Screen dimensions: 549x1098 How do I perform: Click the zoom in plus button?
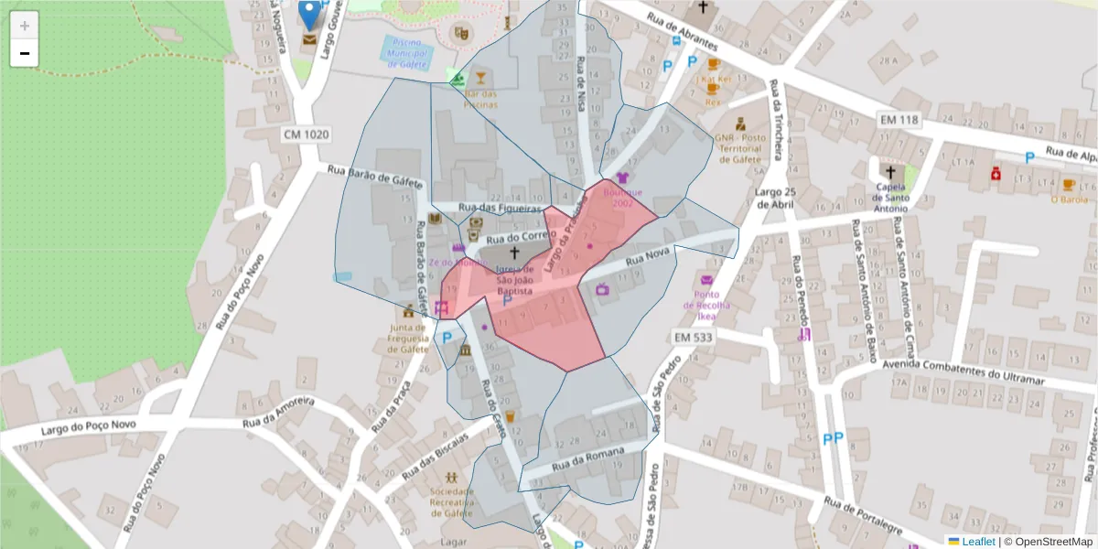pos(25,25)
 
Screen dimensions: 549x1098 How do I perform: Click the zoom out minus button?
pos(25,53)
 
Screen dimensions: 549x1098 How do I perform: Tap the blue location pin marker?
pos(310,14)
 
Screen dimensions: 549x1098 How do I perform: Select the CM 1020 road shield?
pos(306,135)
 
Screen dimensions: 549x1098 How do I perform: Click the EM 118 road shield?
pos(898,120)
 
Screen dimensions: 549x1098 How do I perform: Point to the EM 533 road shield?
pos(693,338)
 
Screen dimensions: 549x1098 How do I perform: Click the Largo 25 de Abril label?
pos(774,198)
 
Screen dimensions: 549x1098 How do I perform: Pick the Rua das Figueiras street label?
pos(500,209)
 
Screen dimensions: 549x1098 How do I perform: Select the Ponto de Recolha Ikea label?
pos(706,306)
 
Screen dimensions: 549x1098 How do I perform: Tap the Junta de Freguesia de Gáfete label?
pos(408,337)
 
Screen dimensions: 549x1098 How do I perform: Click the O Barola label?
pos(1069,199)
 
